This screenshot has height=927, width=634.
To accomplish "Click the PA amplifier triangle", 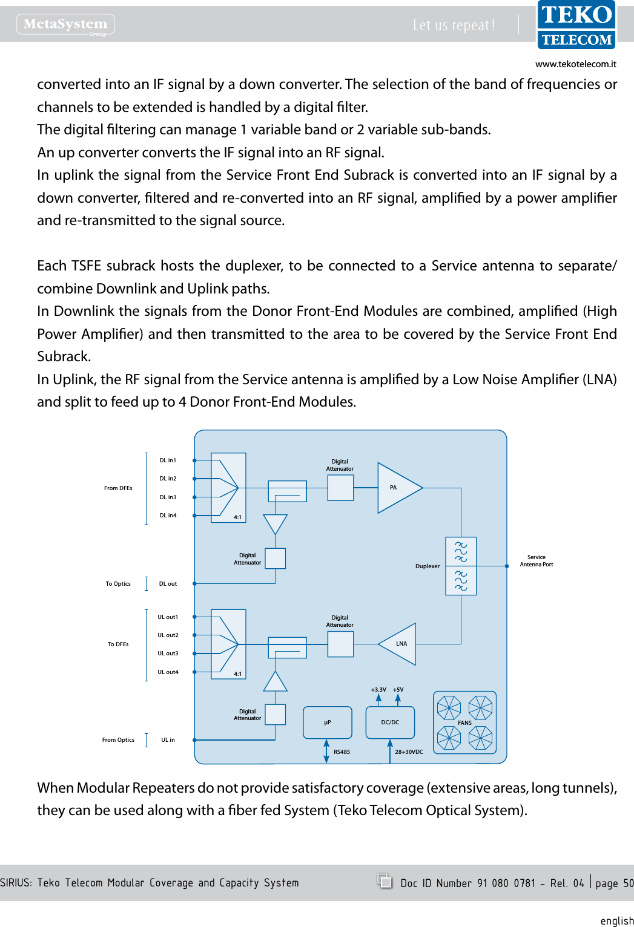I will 396,488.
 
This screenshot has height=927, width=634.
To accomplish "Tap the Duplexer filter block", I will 461,566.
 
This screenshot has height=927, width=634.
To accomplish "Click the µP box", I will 327,722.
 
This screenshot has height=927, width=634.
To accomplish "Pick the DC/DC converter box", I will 390,722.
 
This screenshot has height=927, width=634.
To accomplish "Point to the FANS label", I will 464,723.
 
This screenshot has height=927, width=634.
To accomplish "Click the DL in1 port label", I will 168,460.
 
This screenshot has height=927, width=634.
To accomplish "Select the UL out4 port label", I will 168,672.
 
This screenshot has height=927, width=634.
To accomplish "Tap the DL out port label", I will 168,584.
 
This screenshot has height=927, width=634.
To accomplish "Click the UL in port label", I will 168,740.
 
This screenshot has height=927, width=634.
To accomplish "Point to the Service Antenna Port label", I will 536,561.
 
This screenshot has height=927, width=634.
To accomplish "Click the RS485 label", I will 342,752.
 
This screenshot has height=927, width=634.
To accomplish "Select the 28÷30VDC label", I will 409,752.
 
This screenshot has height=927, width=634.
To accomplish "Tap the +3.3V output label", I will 378,690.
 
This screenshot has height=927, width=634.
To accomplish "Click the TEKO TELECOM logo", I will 576,25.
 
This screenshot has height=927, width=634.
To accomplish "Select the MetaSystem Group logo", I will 65,25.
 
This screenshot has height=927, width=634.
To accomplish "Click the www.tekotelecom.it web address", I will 575,64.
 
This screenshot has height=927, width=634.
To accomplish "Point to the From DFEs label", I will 118,488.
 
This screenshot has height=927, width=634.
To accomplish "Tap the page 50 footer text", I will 614,883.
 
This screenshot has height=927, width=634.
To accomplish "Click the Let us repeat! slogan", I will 454,25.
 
